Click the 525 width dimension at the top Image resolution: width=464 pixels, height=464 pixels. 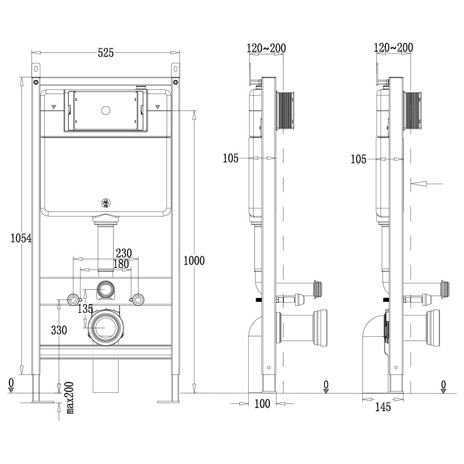pos(106,53)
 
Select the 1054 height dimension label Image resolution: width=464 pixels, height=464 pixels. pos(21,238)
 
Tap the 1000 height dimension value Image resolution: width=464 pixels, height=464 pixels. pos(194,260)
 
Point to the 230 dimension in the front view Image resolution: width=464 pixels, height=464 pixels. pos(124,253)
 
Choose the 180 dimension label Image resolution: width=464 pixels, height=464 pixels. pos(121,264)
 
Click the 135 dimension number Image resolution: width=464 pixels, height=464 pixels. pos(86,309)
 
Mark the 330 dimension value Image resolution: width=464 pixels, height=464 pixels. pos(59,330)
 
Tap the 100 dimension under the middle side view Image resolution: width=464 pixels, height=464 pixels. pos(262,404)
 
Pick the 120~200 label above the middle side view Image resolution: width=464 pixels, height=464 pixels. pos(266,48)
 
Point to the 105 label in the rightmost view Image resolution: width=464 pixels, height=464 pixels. pos(358,159)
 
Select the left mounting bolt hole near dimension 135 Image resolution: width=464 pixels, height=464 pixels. pos(74,299)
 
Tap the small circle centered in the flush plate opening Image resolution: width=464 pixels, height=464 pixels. pos(105,110)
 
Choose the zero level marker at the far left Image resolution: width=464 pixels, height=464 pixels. pos(11,384)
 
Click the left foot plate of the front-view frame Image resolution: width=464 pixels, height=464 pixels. pos(42,401)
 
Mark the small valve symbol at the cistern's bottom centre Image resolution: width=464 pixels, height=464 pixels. pos(105,203)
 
